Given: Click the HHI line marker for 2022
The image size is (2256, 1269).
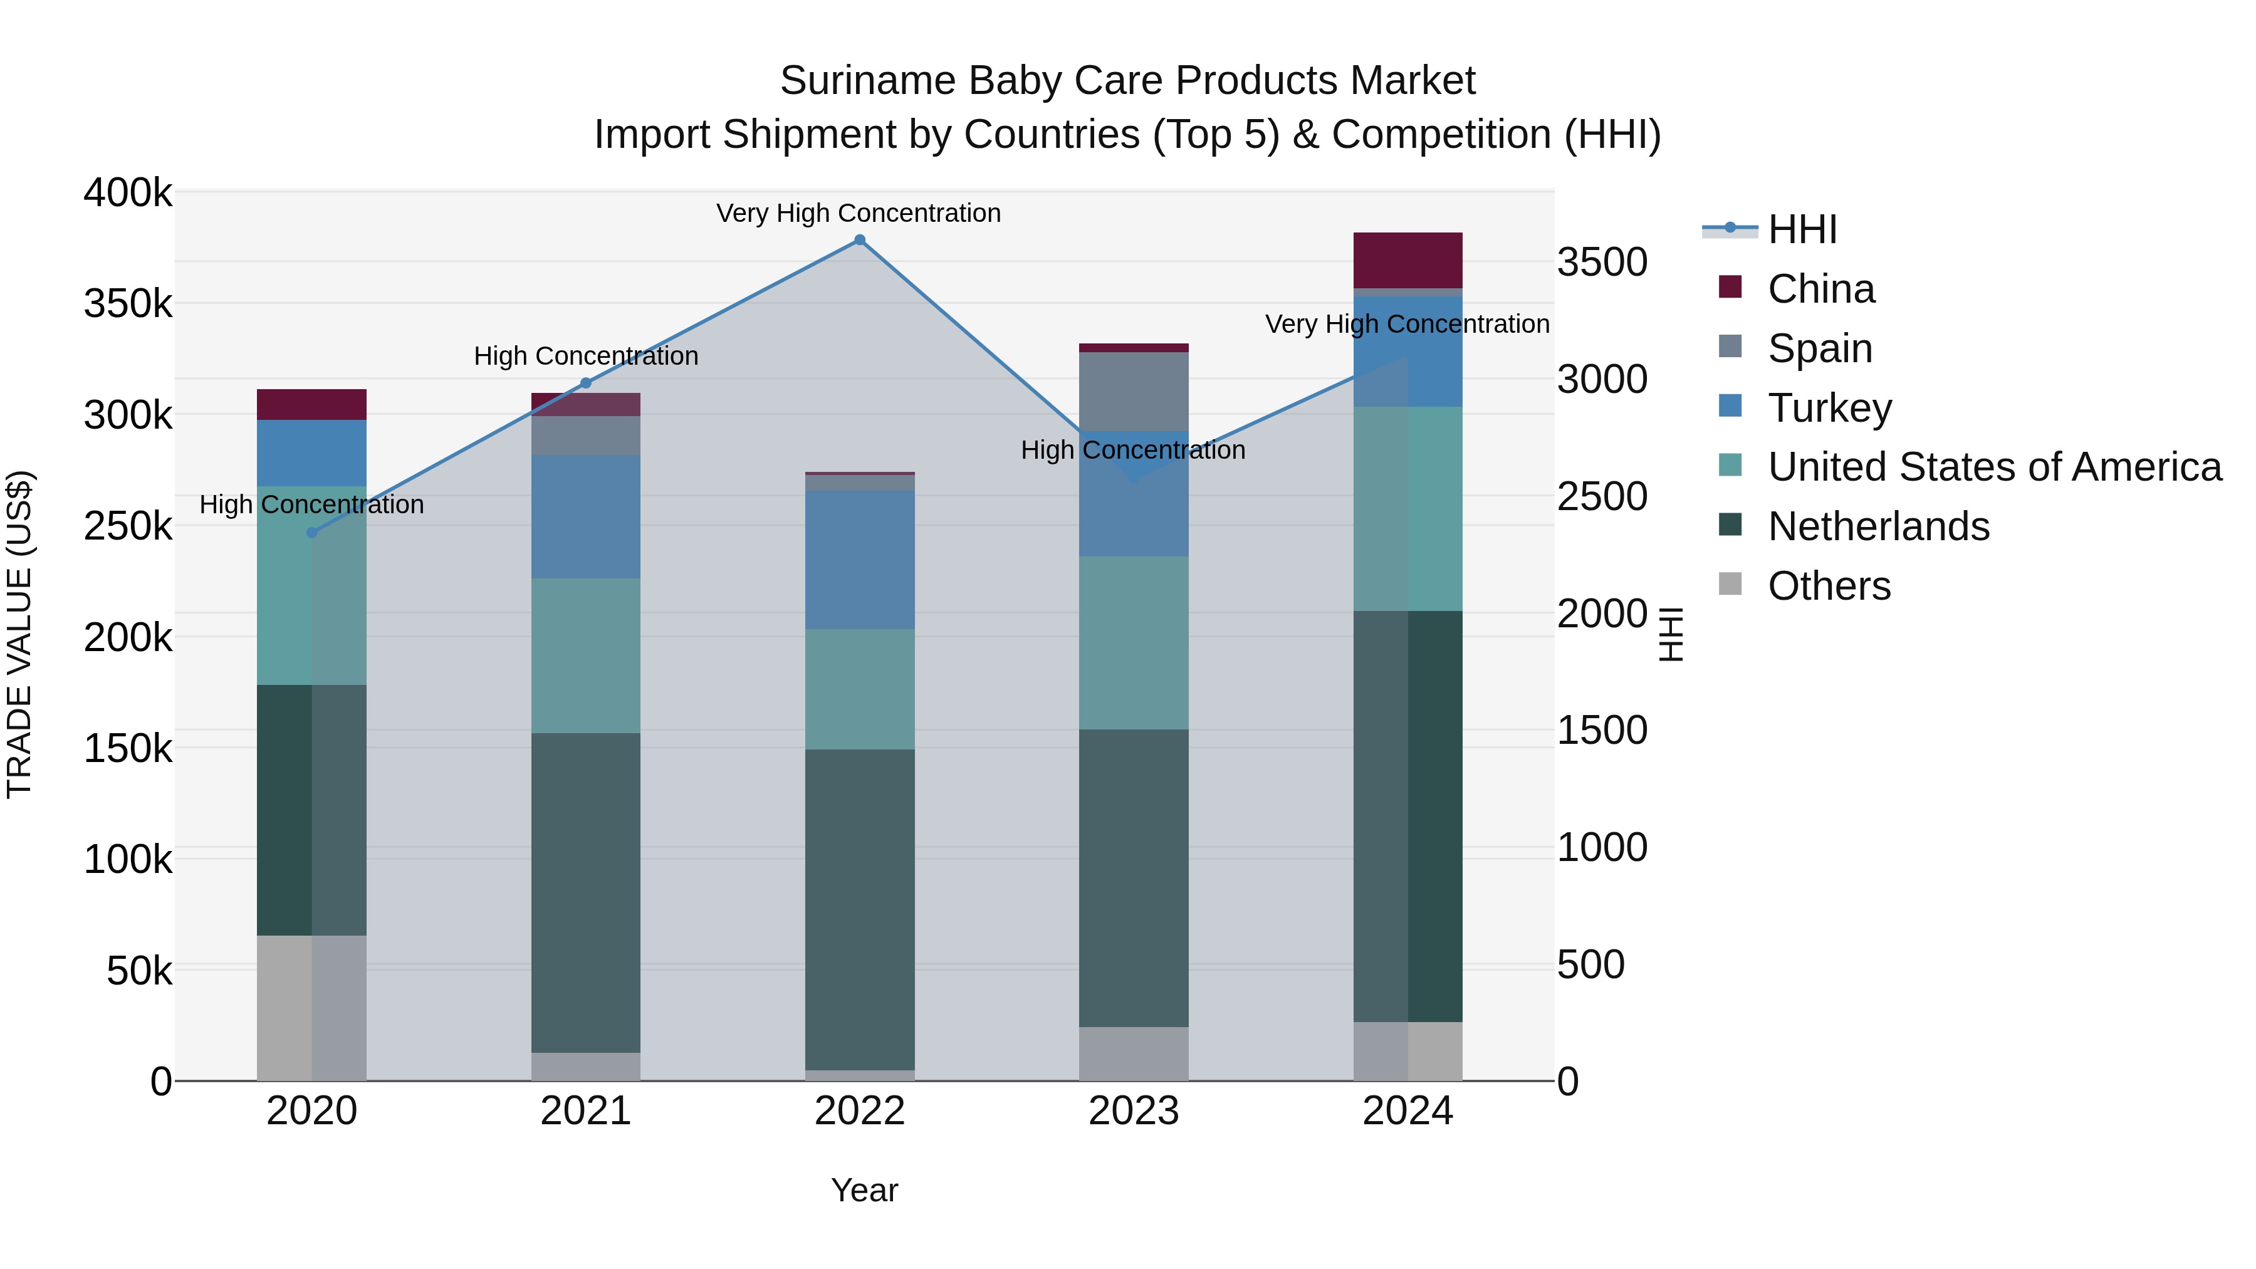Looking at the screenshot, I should click(859, 240).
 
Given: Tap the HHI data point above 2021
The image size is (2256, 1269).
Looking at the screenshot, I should click(586, 384).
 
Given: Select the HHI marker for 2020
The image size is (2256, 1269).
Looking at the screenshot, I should click(312, 533).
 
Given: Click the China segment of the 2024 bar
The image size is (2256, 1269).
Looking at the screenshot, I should click(1407, 260).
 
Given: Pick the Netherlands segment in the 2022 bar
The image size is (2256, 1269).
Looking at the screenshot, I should click(859, 909).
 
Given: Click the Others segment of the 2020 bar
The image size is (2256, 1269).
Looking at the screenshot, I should click(312, 1007).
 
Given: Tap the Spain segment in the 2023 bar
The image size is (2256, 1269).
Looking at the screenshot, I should click(1133, 390).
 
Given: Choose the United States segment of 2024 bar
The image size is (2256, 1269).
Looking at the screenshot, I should click(1407, 508).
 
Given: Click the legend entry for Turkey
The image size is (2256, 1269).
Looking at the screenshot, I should click(1829, 408).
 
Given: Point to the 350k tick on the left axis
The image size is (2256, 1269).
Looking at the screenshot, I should click(128, 304).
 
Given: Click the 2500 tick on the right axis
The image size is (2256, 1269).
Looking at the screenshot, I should click(1602, 496).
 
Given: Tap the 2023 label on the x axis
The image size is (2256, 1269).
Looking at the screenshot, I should click(1133, 1111).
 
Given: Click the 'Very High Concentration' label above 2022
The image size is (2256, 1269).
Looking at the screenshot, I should click(859, 213).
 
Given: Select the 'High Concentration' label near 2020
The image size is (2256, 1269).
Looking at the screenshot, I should click(312, 504).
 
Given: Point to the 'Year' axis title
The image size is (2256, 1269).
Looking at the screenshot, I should click(864, 1190).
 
